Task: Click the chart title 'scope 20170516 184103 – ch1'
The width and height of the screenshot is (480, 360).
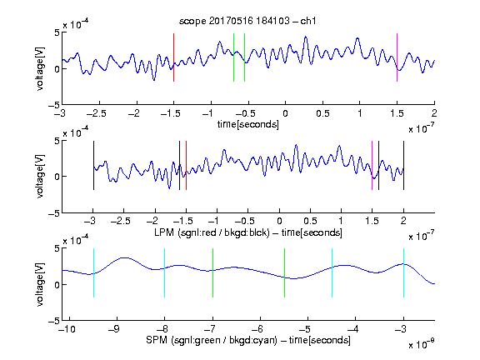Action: pyautogui.click(x=247, y=21)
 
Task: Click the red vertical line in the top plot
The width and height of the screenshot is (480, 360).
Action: pyautogui.click(x=173, y=57)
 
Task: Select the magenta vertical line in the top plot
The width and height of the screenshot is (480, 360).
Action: pyautogui.click(x=397, y=57)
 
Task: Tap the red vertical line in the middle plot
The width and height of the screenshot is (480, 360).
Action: pyautogui.click(x=186, y=165)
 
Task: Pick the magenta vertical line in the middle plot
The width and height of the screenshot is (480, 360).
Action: pyautogui.click(x=372, y=165)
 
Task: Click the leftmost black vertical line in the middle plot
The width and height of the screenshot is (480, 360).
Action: pyautogui.click(x=93, y=165)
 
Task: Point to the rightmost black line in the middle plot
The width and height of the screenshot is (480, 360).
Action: pyautogui.click(x=403, y=165)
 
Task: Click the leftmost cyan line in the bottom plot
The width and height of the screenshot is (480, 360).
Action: pyautogui.click(x=93, y=272)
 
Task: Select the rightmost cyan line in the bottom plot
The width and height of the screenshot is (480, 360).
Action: pyautogui.click(x=403, y=272)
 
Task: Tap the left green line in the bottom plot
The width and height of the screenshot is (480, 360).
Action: pyautogui.click(x=212, y=272)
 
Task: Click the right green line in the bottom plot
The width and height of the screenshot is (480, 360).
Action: pyautogui.click(x=284, y=272)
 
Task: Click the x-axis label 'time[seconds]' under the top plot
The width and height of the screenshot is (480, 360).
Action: pyautogui.click(x=248, y=124)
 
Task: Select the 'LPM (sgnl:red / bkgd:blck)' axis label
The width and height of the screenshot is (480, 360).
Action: pyautogui.click(x=212, y=232)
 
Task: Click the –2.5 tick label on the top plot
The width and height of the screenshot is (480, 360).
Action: pyautogui.click(x=96, y=114)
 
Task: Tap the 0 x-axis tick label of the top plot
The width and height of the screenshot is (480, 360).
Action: pyautogui.click(x=285, y=114)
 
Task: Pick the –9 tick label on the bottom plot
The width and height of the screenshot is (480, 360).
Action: pyautogui.click(x=114, y=329)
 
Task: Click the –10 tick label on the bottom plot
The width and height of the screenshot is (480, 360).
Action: pyautogui.click(x=67, y=329)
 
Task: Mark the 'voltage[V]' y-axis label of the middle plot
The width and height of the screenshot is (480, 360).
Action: pyautogui.click(x=40, y=177)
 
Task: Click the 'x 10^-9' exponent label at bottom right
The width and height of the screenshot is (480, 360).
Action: pyautogui.click(x=421, y=344)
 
